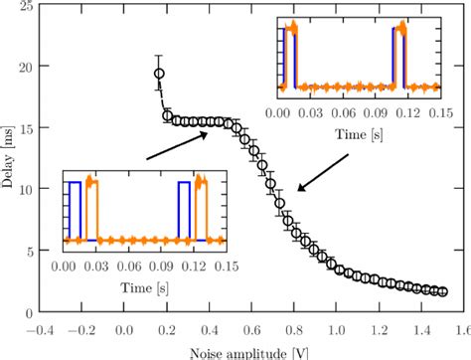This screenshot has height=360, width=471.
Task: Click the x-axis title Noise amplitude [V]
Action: click(x=253, y=351)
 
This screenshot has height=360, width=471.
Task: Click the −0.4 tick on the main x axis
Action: click(x=40, y=327)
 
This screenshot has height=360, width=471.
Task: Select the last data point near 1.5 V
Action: click(x=443, y=291)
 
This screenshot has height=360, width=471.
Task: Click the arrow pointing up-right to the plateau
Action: click(x=176, y=145)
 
